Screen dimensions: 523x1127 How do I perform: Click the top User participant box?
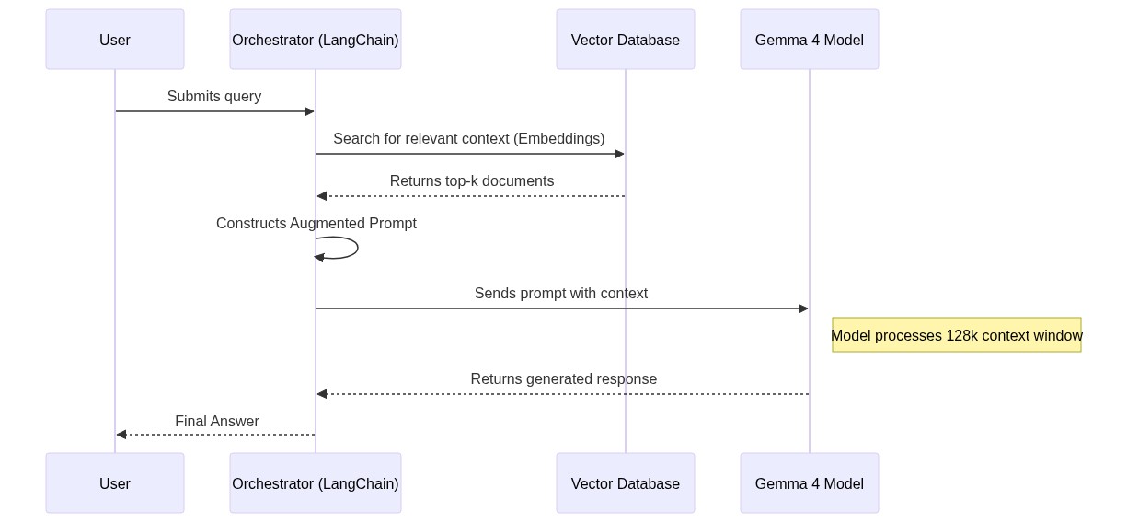tap(115, 40)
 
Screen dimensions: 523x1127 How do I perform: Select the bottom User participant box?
tap(115, 483)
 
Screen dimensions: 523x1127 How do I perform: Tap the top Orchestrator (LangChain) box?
tap(316, 40)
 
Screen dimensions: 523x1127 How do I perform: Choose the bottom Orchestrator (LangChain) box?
tap(316, 483)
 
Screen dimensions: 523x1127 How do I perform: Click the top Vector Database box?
tap(626, 40)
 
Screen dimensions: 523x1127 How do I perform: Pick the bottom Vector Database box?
tap(626, 483)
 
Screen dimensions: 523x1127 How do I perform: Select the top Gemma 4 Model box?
tap(810, 40)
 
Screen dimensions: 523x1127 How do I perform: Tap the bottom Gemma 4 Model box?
tap(810, 483)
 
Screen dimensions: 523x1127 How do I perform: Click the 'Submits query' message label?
tap(214, 97)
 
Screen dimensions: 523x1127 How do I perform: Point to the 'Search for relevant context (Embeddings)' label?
tap(469, 139)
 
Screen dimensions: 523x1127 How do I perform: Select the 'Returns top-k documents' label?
tap(472, 181)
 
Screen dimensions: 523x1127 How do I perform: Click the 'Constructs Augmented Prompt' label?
tap(316, 224)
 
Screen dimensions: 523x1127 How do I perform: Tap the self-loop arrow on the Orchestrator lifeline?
tap(354, 248)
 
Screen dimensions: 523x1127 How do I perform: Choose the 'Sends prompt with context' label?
tap(561, 294)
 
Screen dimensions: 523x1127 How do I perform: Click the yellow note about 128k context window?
tap(957, 335)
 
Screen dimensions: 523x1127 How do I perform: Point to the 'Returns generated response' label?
tap(564, 379)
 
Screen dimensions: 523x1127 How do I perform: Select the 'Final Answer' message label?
tap(217, 422)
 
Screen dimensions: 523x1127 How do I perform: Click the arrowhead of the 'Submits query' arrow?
tap(309, 111)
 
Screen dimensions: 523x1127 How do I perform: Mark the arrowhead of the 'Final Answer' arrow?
tap(121, 435)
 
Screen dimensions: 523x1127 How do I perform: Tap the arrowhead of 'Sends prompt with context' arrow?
tap(803, 308)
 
